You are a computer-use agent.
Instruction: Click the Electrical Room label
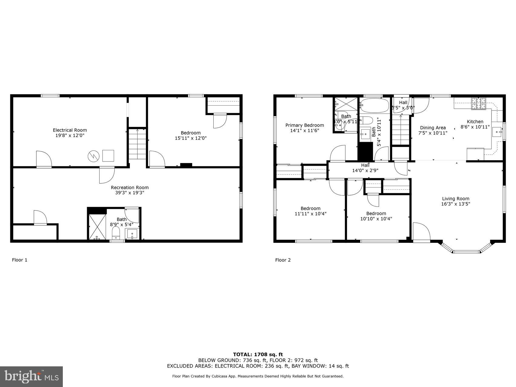point(70,130)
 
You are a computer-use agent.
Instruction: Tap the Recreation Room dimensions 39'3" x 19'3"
point(130,192)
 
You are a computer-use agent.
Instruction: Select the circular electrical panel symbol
point(93,156)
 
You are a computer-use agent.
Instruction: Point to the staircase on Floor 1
point(137,144)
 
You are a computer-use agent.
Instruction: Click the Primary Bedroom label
point(304,125)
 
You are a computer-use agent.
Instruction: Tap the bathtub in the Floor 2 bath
point(374,105)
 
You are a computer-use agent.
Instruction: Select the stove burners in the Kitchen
point(479,104)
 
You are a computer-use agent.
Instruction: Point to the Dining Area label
point(433,128)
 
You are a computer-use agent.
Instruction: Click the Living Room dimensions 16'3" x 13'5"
point(456,204)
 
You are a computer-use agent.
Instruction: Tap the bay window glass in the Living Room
point(466,251)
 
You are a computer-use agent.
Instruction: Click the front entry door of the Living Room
point(421,233)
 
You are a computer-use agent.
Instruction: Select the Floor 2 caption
point(283,260)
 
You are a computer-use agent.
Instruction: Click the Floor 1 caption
point(20,260)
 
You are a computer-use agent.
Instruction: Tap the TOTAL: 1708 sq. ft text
point(258,354)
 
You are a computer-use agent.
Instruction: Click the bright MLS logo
point(32,377)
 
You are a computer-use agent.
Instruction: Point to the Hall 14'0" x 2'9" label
point(365,168)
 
